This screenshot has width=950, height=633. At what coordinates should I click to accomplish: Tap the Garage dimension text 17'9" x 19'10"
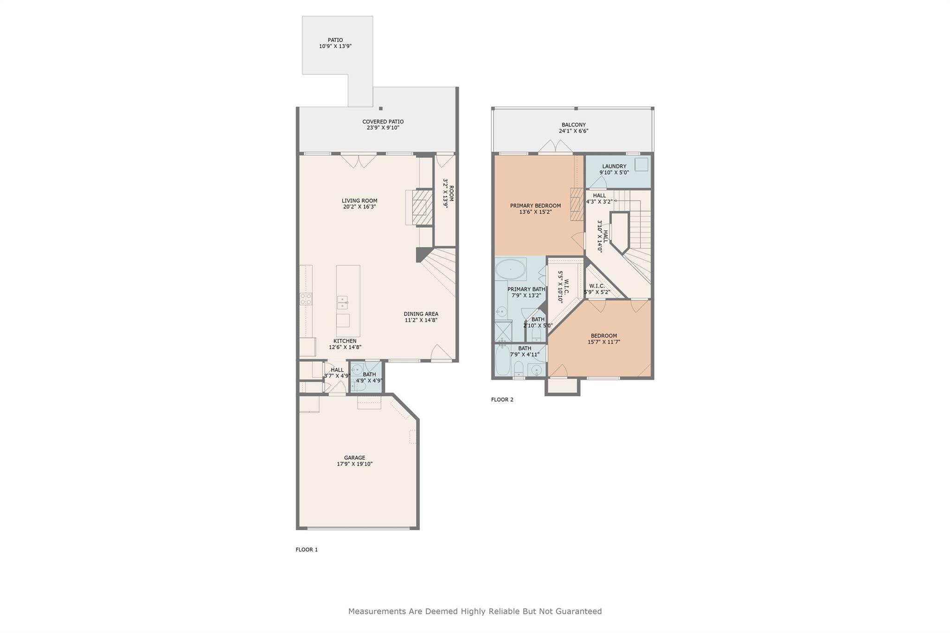click(354, 464)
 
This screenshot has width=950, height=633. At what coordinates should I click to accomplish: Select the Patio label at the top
click(335, 40)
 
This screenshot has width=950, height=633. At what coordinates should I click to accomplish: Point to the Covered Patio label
click(383, 121)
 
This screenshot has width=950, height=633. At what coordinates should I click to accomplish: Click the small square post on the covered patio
click(381, 109)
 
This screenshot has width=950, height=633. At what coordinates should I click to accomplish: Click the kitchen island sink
click(342, 302)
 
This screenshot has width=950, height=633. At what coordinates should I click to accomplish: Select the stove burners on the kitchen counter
click(306, 299)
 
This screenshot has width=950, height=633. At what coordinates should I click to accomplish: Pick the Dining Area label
click(421, 314)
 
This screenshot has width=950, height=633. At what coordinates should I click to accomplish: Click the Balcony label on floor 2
click(573, 125)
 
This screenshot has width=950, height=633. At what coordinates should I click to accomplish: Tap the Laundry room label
click(614, 166)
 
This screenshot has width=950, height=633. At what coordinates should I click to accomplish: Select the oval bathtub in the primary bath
click(510, 269)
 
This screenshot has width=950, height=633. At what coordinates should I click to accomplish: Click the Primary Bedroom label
click(535, 205)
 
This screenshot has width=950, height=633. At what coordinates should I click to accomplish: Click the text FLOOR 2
click(502, 400)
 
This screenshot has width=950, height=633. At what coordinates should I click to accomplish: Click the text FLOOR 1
click(307, 550)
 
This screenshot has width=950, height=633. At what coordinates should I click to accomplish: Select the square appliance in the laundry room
click(641, 165)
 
